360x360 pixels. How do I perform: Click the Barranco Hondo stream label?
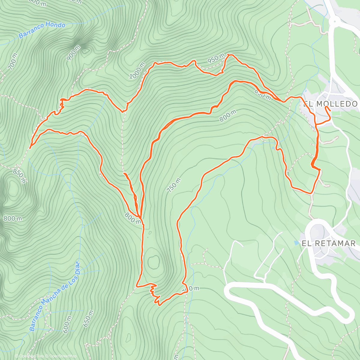click(x=42, y=30)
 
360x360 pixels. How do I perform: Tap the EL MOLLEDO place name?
click(x=330, y=104)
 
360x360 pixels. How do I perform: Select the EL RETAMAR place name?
click(x=328, y=243)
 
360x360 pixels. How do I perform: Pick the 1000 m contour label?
click(x=137, y=71)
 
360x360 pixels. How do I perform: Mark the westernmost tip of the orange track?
click(x=30, y=148)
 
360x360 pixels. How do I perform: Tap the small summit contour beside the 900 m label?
click(x=85, y=51)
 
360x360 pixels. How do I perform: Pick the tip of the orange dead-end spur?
click(x=124, y=173)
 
